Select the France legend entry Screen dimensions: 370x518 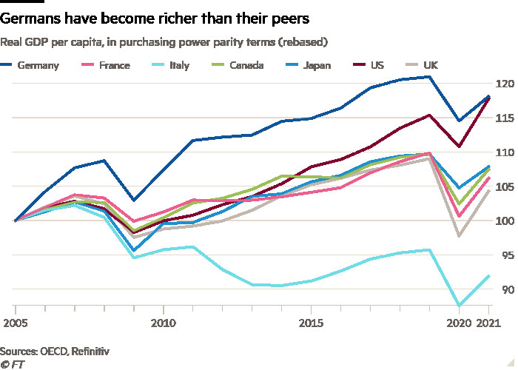(113, 65)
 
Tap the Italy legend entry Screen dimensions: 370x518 (178, 65)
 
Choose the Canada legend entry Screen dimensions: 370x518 (246, 65)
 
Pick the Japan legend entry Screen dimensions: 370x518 (316, 65)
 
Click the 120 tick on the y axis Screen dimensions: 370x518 (504, 84)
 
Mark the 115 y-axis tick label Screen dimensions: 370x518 (504, 118)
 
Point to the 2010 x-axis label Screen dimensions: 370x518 (164, 323)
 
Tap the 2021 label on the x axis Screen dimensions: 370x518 (486, 323)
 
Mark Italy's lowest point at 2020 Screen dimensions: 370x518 (459, 305)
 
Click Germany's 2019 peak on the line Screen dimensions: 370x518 (430, 77)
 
